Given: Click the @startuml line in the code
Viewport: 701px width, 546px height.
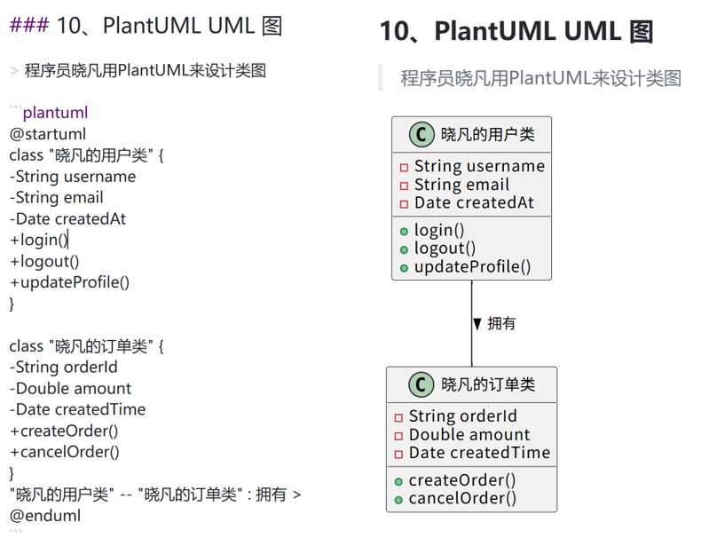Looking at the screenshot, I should [x=48, y=134].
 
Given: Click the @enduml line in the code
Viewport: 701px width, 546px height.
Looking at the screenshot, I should [x=45, y=515].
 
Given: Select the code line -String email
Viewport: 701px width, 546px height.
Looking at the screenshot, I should [x=57, y=198].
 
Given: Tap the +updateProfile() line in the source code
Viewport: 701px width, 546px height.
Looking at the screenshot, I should [x=70, y=283].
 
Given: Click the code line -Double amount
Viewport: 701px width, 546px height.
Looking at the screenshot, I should [x=71, y=389].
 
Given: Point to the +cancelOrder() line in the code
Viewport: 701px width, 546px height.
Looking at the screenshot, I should [x=65, y=452].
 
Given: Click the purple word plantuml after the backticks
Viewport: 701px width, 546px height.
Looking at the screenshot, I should [x=55, y=113].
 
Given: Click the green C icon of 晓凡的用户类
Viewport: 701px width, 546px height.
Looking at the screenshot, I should [x=421, y=135].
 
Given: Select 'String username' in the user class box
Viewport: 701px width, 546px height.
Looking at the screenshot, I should [x=479, y=167].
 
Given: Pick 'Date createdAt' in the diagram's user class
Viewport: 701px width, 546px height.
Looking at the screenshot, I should [x=474, y=202].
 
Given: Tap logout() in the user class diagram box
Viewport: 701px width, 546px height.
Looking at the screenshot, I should [x=445, y=249].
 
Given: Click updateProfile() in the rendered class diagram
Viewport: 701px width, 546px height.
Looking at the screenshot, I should [x=472, y=266].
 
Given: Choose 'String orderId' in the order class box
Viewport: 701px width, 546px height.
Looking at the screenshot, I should [x=462, y=416].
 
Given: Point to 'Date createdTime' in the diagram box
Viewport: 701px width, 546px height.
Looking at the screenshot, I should [x=479, y=453].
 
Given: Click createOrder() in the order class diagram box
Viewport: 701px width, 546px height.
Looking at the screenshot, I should [x=462, y=480].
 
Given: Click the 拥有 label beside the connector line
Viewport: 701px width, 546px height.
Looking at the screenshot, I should [x=502, y=324].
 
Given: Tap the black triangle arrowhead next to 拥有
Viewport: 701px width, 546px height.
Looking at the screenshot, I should [x=477, y=324].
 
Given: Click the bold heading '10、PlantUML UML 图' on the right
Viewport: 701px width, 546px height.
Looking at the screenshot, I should [x=516, y=32].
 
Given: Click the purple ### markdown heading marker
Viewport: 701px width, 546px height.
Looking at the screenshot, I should [x=29, y=26].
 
